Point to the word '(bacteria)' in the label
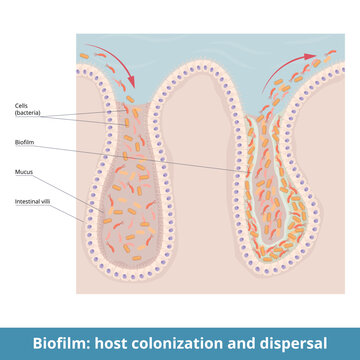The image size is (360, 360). pos(27,113)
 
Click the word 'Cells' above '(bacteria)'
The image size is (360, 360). pos(21,105)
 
